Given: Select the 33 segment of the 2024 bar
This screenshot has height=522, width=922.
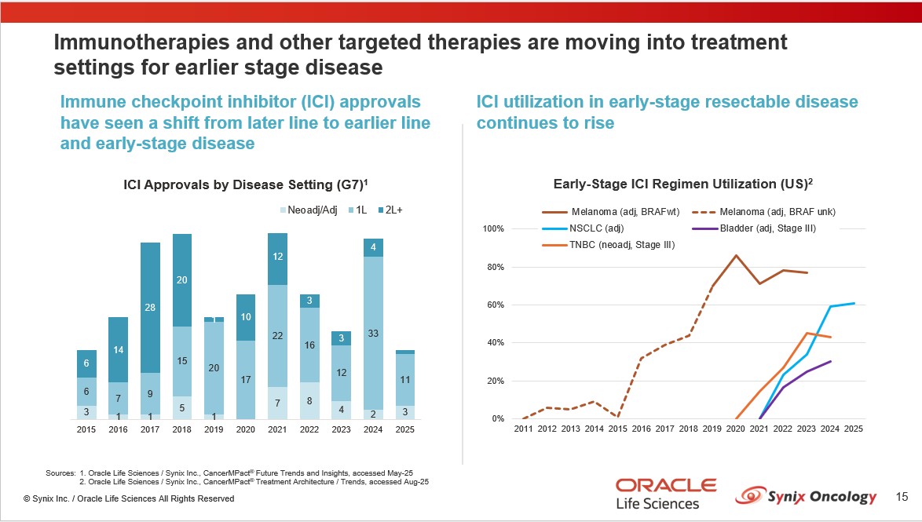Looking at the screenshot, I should pyautogui.click(x=374, y=334).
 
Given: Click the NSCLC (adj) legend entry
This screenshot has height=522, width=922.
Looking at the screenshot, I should pyautogui.click(x=598, y=228).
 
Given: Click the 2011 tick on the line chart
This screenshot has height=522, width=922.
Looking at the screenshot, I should pyautogui.click(x=522, y=429).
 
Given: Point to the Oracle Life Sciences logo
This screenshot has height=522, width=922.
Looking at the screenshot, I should pyautogui.click(x=665, y=492).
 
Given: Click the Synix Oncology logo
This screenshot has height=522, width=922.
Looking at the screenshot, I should pyautogui.click(x=807, y=496).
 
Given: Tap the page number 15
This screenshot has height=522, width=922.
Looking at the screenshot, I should pyautogui.click(x=902, y=497).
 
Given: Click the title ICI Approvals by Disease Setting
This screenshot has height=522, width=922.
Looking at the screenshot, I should pyautogui.click(x=246, y=185).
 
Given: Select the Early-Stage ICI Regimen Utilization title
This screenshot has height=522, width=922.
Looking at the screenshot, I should pyautogui.click(x=682, y=184).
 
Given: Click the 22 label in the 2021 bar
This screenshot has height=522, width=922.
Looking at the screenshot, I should pyautogui.click(x=277, y=336).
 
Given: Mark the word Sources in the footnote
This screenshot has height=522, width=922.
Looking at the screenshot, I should pyautogui.click(x=60, y=473).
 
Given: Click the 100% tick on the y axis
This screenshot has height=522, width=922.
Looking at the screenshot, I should pyautogui.click(x=492, y=229).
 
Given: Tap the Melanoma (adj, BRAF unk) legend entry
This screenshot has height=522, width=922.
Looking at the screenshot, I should pyautogui.click(x=777, y=212).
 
